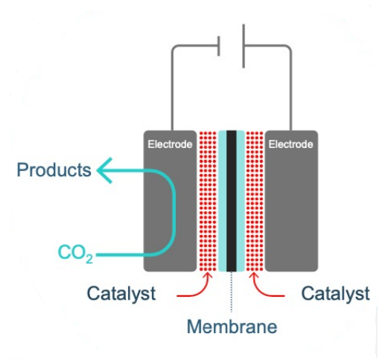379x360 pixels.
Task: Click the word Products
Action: click(54, 170)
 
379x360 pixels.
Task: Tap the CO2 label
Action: click(75, 254)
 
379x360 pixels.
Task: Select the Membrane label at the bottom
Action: click(232, 327)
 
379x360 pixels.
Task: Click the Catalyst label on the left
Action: click(121, 294)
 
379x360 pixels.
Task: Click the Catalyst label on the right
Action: click(335, 294)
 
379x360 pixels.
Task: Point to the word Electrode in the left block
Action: click(170, 144)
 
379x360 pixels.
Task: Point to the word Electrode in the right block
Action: click(291, 144)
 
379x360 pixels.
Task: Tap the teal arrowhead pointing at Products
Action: click(104, 170)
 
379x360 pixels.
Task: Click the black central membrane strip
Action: click(232, 201)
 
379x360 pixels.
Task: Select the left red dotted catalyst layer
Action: click(208, 201)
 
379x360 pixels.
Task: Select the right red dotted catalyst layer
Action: click(255, 201)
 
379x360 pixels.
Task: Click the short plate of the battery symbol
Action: click(219, 46)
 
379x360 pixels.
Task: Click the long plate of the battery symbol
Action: click(243, 46)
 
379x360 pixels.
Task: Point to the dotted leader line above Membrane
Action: click(232, 292)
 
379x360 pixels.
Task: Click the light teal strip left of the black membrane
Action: click(223, 201)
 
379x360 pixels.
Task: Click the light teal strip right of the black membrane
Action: click(241, 201)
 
